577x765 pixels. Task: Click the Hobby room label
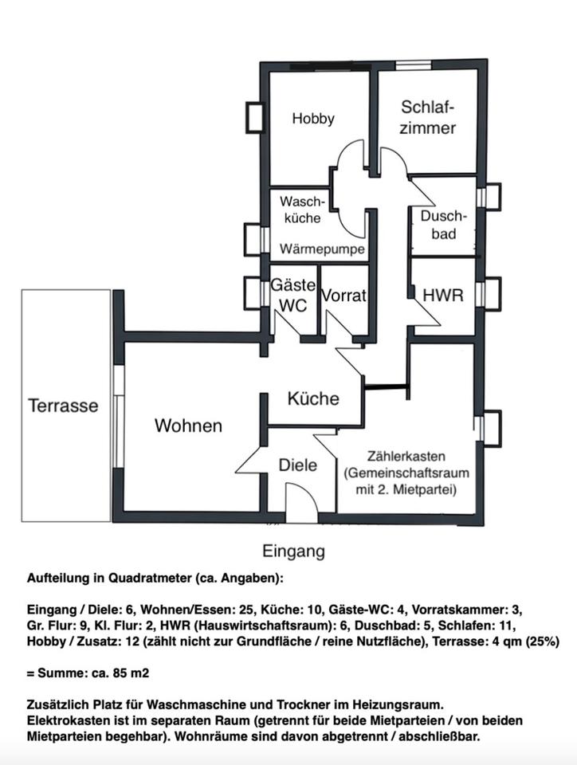pyautogui.click(x=313, y=119)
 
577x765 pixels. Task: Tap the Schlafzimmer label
pyautogui.click(x=427, y=118)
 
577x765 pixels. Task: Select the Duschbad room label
pyautogui.click(x=444, y=225)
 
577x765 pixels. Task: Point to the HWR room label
pyautogui.click(x=443, y=295)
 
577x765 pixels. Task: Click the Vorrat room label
pyautogui.click(x=343, y=295)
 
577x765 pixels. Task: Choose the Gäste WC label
pyautogui.click(x=293, y=295)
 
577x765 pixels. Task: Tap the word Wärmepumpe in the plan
pyautogui.click(x=322, y=249)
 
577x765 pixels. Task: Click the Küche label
pyautogui.click(x=313, y=398)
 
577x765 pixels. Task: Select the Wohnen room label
pyautogui.click(x=188, y=426)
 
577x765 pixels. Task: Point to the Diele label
pyautogui.click(x=297, y=465)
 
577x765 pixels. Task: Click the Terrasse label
pyautogui.click(x=63, y=406)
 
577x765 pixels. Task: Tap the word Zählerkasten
pyautogui.click(x=406, y=457)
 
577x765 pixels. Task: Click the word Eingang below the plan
pyautogui.click(x=293, y=551)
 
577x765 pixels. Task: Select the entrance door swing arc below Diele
pyautogui.click(x=308, y=488)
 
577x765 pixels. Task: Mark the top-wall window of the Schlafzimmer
pyautogui.click(x=413, y=65)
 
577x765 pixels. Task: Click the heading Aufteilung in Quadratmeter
pyautogui.click(x=155, y=579)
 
